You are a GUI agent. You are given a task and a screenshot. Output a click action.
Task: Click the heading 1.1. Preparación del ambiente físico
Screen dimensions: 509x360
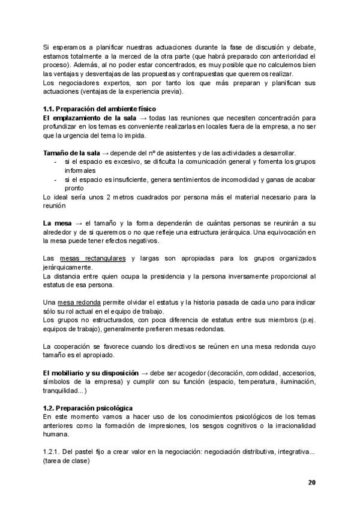point(100,109)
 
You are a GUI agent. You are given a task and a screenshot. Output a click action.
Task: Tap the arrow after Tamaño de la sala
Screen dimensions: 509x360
point(107,153)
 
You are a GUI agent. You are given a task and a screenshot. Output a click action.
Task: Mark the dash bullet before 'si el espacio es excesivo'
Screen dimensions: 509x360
point(55,162)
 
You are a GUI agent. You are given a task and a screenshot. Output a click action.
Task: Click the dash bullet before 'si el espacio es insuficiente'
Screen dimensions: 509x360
point(55,179)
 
